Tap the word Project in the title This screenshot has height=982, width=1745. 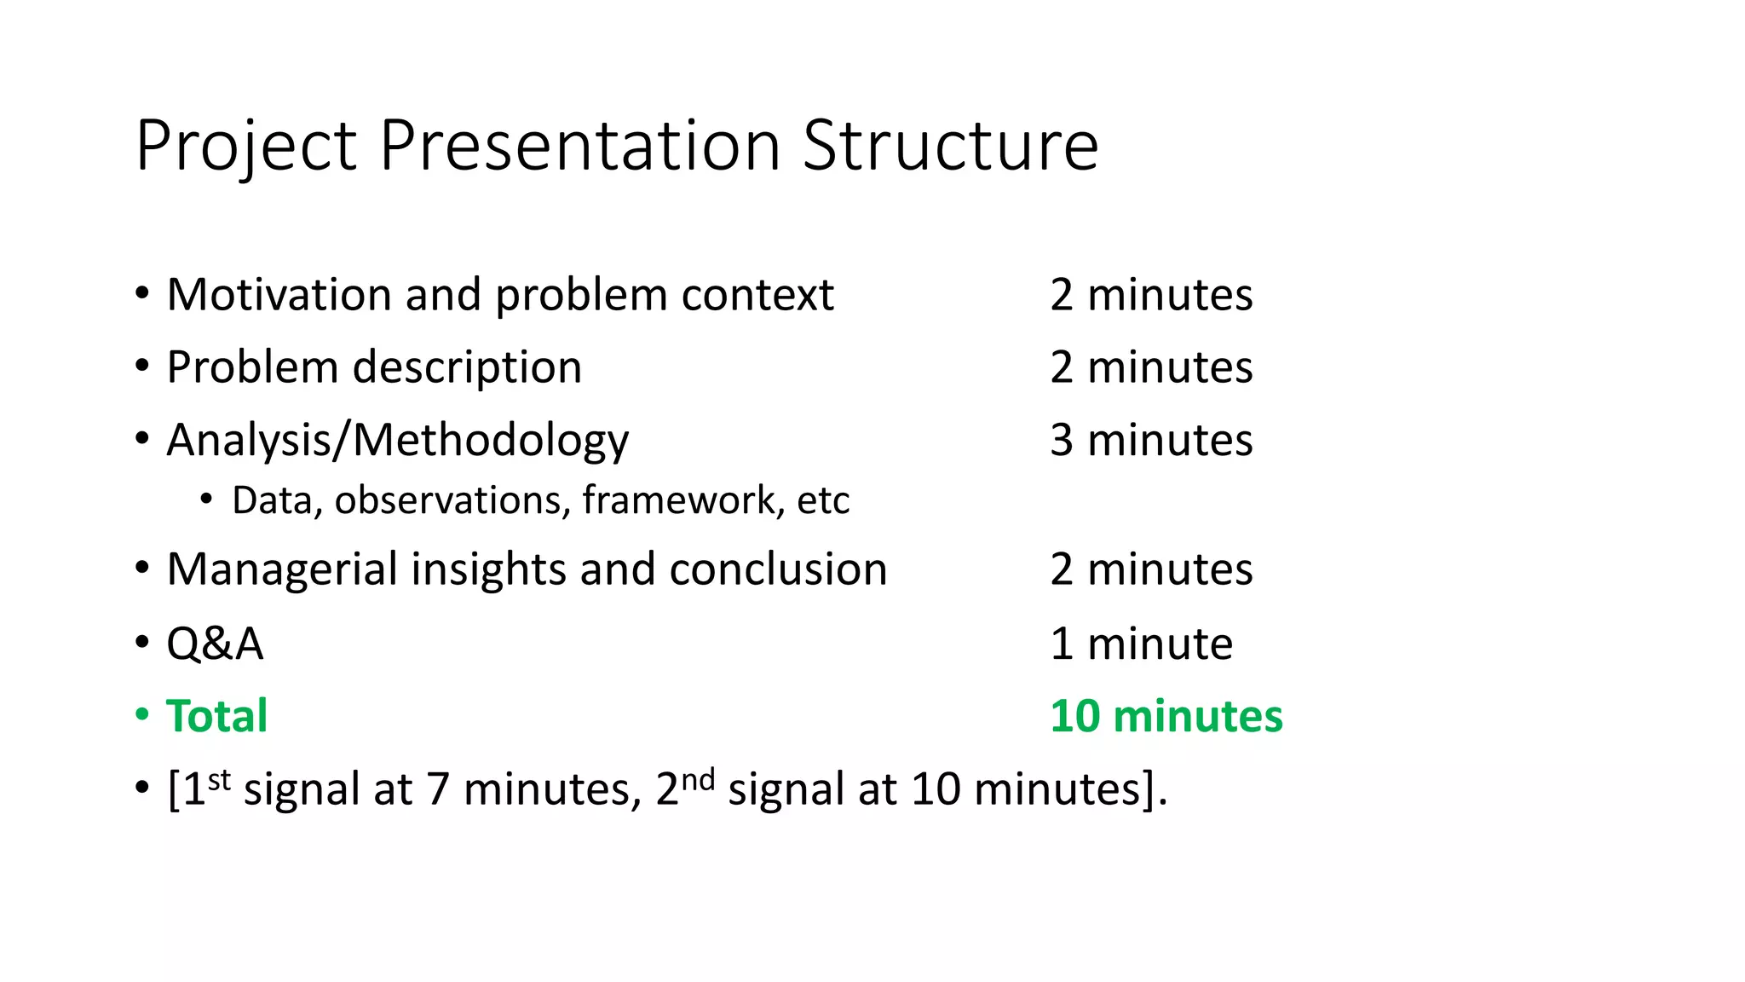(245, 147)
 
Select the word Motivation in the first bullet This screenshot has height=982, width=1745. (278, 295)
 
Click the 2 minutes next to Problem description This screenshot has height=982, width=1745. (1151, 367)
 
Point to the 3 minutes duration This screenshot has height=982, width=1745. (1151, 440)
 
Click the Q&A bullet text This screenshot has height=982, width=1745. (215, 644)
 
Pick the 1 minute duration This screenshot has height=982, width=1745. (1141, 644)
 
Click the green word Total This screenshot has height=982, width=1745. (216, 716)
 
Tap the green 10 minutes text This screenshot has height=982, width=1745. (1166, 716)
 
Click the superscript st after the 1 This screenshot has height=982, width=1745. (219, 778)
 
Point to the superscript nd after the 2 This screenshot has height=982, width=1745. (698, 778)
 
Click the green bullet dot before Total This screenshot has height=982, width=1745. (142, 714)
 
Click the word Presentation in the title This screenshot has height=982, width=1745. (579, 145)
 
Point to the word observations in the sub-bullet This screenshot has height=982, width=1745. (452, 500)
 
